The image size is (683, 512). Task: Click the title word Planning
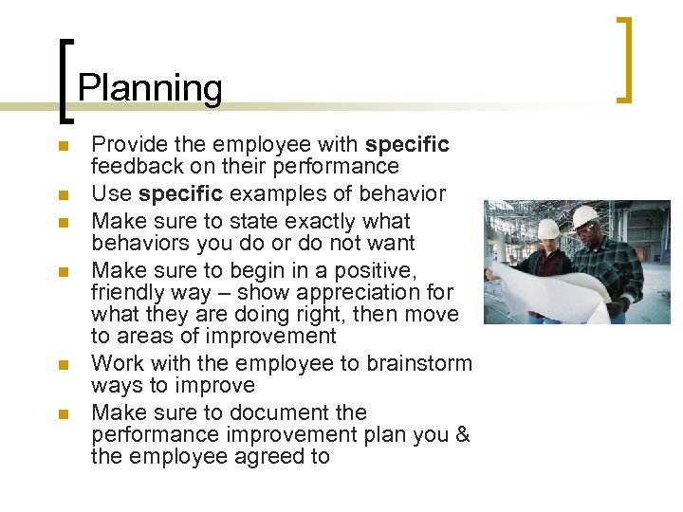tap(150, 88)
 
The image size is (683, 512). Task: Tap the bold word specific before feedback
tap(407, 145)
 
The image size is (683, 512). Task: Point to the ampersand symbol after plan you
tap(463, 435)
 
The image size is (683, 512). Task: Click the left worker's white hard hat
tap(548, 229)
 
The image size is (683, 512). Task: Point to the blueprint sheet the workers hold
tap(531, 289)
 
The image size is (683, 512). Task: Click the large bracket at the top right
tap(624, 59)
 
